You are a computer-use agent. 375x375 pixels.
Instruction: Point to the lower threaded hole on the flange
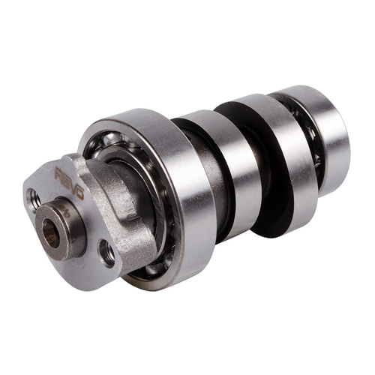(108, 254)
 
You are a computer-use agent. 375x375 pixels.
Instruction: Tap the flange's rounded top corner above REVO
(75, 159)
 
